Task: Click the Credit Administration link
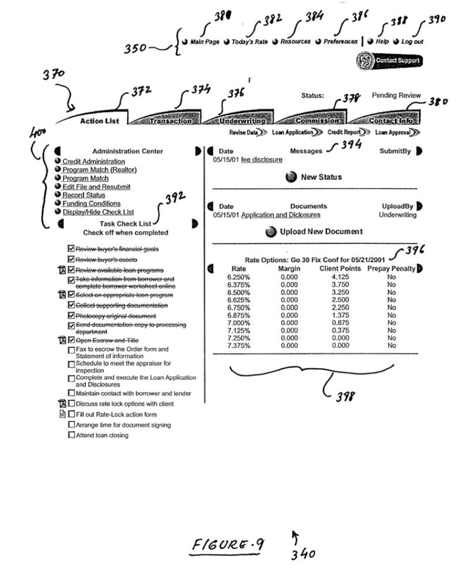[93, 161]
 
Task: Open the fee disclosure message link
[262, 160]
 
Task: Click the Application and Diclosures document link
[281, 215]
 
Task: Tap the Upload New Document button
[321, 232]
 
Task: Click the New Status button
[321, 177]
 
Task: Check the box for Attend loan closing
[72, 435]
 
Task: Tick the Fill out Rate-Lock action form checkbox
[72, 414]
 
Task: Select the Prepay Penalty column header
[391, 268]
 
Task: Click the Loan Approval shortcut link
[392, 133]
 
